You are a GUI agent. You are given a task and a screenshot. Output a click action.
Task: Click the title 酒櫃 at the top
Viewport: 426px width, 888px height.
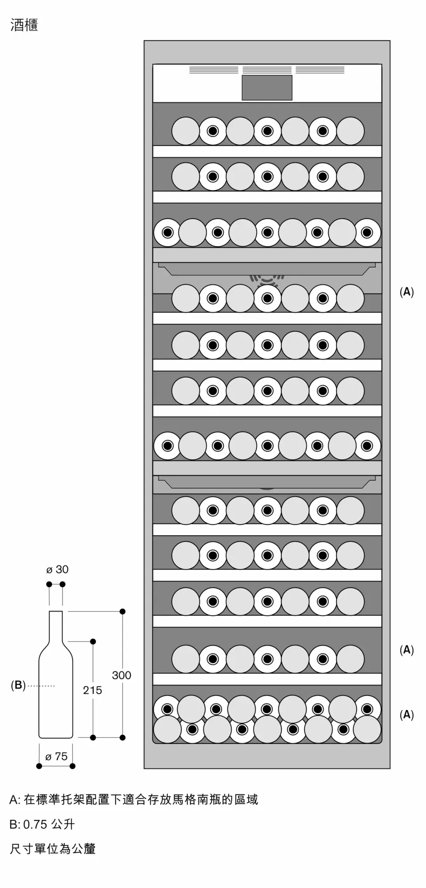pyautogui.click(x=24, y=25)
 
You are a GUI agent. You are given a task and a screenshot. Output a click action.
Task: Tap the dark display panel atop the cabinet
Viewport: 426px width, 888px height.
pyautogui.click(x=267, y=87)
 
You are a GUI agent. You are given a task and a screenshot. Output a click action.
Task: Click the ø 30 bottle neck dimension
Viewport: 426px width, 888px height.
pyautogui.click(x=57, y=570)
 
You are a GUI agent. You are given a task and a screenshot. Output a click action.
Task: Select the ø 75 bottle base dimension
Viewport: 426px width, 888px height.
pyautogui.click(x=56, y=756)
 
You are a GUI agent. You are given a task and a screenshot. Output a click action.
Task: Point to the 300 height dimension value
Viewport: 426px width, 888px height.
pyautogui.click(x=121, y=675)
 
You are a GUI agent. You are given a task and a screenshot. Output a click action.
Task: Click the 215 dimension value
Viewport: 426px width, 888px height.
pyautogui.click(x=92, y=690)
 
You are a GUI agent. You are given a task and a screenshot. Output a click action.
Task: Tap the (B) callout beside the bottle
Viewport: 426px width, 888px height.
pyautogui.click(x=18, y=685)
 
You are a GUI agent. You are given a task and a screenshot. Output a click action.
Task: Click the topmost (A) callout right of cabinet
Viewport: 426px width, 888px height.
pyautogui.click(x=407, y=292)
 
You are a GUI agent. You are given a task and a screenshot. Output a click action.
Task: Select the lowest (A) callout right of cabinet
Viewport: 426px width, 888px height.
pyautogui.click(x=407, y=714)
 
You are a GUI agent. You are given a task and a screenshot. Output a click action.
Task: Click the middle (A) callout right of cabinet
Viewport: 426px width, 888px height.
pyautogui.click(x=407, y=650)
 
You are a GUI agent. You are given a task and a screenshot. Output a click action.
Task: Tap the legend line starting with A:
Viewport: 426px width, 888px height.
pyautogui.click(x=134, y=800)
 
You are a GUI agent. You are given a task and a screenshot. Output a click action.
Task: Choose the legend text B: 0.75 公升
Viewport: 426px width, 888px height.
pyautogui.click(x=42, y=824)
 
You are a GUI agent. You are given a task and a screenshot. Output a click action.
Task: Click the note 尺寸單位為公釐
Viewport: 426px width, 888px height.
pyautogui.click(x=53, y=848)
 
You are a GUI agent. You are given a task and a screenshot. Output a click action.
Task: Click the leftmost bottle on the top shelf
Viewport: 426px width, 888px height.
pyautogui.click(x=185, y=131)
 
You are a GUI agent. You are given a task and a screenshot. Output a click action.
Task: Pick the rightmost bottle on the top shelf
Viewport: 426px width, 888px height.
pyautogui.click(x=350, y=131)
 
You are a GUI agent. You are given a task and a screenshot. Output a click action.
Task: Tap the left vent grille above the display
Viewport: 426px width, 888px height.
pyautogui.click(x=214, y=70)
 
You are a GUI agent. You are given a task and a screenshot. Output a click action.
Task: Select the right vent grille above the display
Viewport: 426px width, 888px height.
pyautogui.click(x=320, y=70)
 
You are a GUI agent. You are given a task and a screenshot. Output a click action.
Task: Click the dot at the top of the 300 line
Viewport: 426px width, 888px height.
pyautogui.click(x=123, y=611)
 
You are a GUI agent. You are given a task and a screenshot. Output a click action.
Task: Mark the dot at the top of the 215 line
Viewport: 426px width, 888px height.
pyautogui.click(x=93, y=642)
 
